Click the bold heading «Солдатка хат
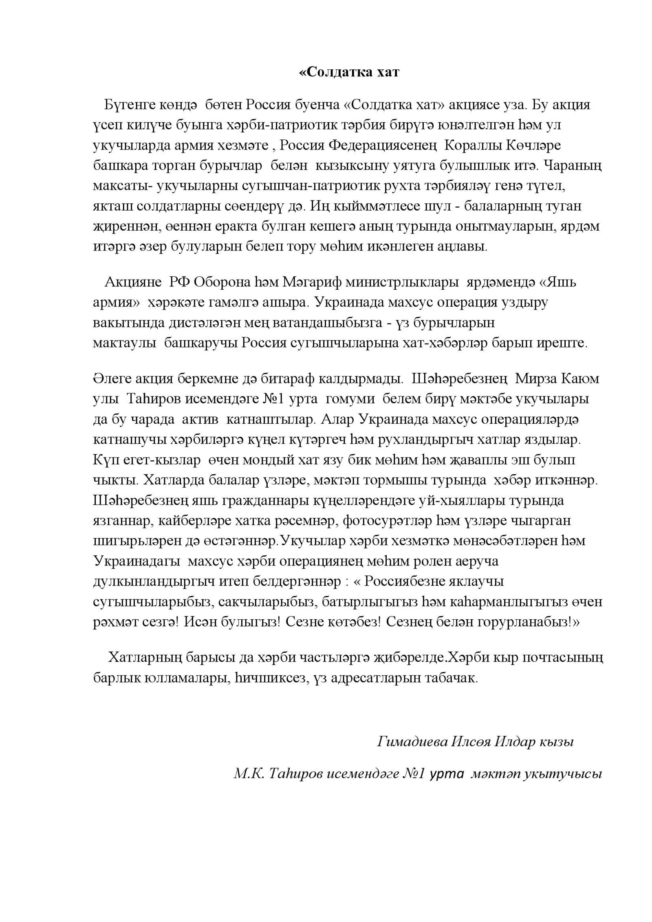click(x=349, y=72)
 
